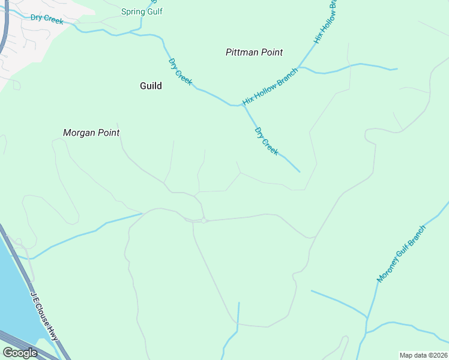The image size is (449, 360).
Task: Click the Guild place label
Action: pos(151,86)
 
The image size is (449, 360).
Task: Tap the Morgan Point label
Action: pos(91,133)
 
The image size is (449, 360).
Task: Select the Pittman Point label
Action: pos(254,52)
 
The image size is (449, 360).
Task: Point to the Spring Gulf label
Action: pos(142,11)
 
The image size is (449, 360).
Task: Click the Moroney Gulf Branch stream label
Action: pos(401,254)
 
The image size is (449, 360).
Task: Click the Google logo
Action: pos(19,353)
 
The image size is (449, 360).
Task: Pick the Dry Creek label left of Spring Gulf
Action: pos(47,19)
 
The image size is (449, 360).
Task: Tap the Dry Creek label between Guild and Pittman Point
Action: pos(180,71)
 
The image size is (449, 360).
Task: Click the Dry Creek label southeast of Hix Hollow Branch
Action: pos(267,141)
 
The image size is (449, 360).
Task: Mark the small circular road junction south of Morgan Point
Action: pos(204,221)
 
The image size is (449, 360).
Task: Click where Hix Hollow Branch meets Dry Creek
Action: pos(243,106)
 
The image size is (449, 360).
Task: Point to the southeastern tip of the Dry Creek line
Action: pos(300,172)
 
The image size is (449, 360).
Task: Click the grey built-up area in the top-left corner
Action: pos(24,42)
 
